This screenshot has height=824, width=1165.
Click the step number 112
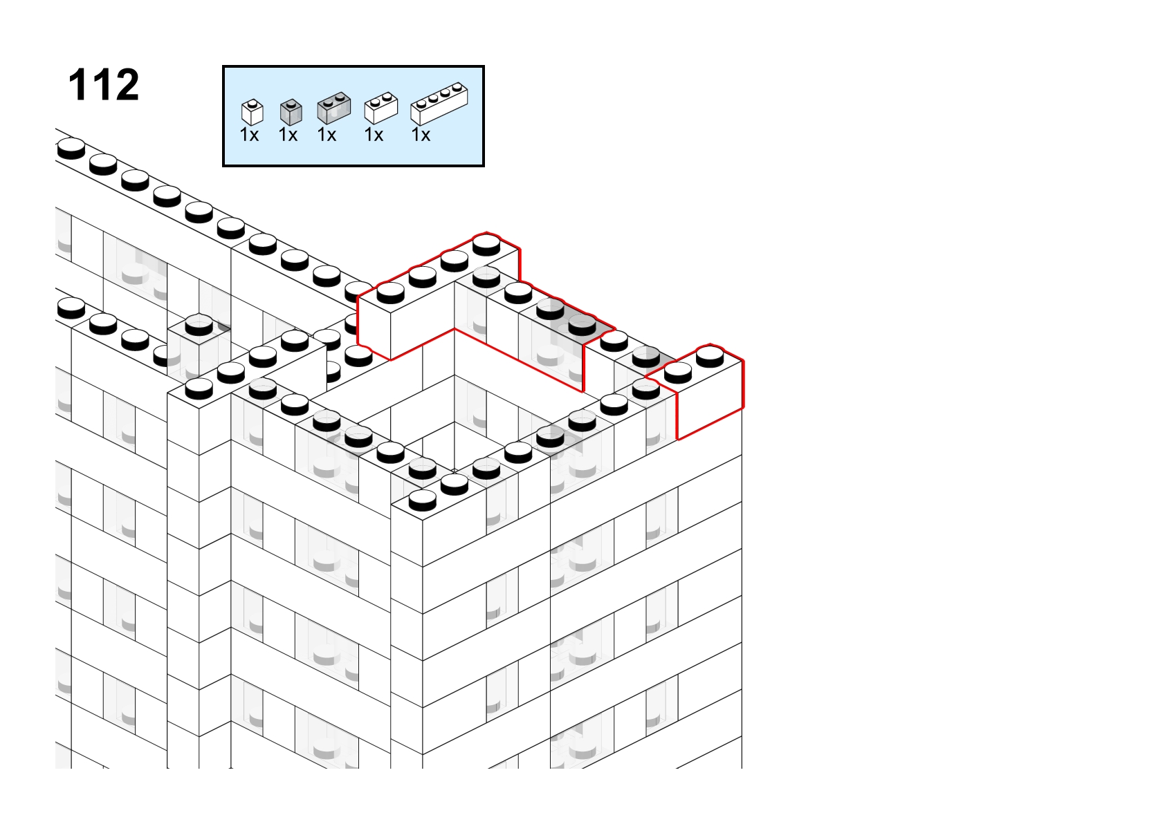click(x=104, y=84)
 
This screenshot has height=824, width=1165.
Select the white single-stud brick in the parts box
click(x=253, y=112)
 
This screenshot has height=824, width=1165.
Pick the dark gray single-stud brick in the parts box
click(x=291, y=112)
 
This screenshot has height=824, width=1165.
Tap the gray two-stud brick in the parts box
click(x=334, y=108)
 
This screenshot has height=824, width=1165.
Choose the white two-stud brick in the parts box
click(x=381, y=108)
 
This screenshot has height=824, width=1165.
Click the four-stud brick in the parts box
click(x=439, y=104)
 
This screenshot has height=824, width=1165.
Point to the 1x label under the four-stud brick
click(x=421, y=135)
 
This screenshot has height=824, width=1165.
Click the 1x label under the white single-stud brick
click(x=249, y=135)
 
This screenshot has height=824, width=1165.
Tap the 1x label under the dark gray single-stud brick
click(x=288, y=135)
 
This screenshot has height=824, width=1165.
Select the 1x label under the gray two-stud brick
click(x=327, y=135)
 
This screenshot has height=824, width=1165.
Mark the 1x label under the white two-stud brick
click(x=374, y=135)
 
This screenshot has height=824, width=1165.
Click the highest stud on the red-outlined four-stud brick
click(x=486, y=245)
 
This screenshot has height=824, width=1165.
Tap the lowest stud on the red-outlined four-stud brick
click(x=391, y=293)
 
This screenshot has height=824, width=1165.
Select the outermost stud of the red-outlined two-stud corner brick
click(x=710, y=357)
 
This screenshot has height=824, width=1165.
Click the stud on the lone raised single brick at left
click(x=199, y=325)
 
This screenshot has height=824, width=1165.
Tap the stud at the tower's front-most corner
click(x=422, y=500)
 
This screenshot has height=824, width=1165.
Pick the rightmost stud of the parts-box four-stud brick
click(x=457, y=87)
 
